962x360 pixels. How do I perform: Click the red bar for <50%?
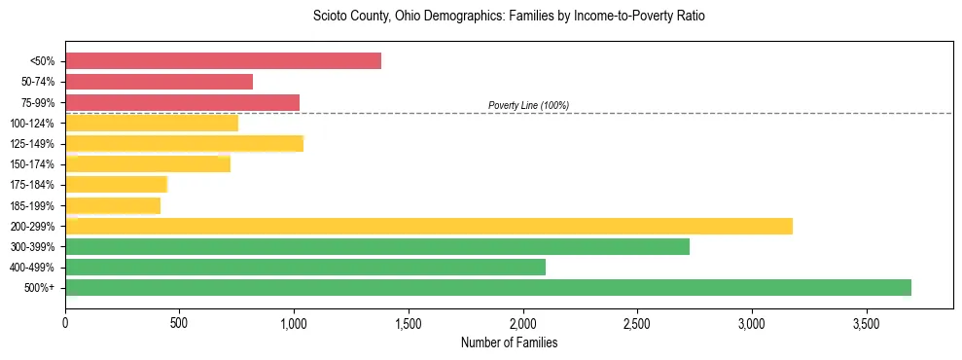tap(223, 61)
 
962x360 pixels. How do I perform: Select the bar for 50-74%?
tap(159, 82)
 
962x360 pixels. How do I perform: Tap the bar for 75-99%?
tap(182, 102)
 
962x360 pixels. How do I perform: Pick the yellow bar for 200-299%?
tap(429, 226)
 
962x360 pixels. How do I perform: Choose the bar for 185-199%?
tap(113, 205)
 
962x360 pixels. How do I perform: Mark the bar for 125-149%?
tap(184, 144)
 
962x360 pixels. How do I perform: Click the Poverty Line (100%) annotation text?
tap(528, 105)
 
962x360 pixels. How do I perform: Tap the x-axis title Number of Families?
tap(509, 342)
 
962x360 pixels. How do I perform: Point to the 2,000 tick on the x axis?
tap(523, 322)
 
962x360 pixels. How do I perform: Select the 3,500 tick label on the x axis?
tap(867, 322)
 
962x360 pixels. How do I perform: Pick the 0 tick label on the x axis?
tap(65, 322)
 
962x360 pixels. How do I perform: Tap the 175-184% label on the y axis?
tap(32, 185)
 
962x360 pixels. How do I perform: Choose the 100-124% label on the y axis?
tap(32, 124)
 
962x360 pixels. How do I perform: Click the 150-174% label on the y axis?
tap(32, 164)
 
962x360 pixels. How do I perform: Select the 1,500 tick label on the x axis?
tap(409, 322)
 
